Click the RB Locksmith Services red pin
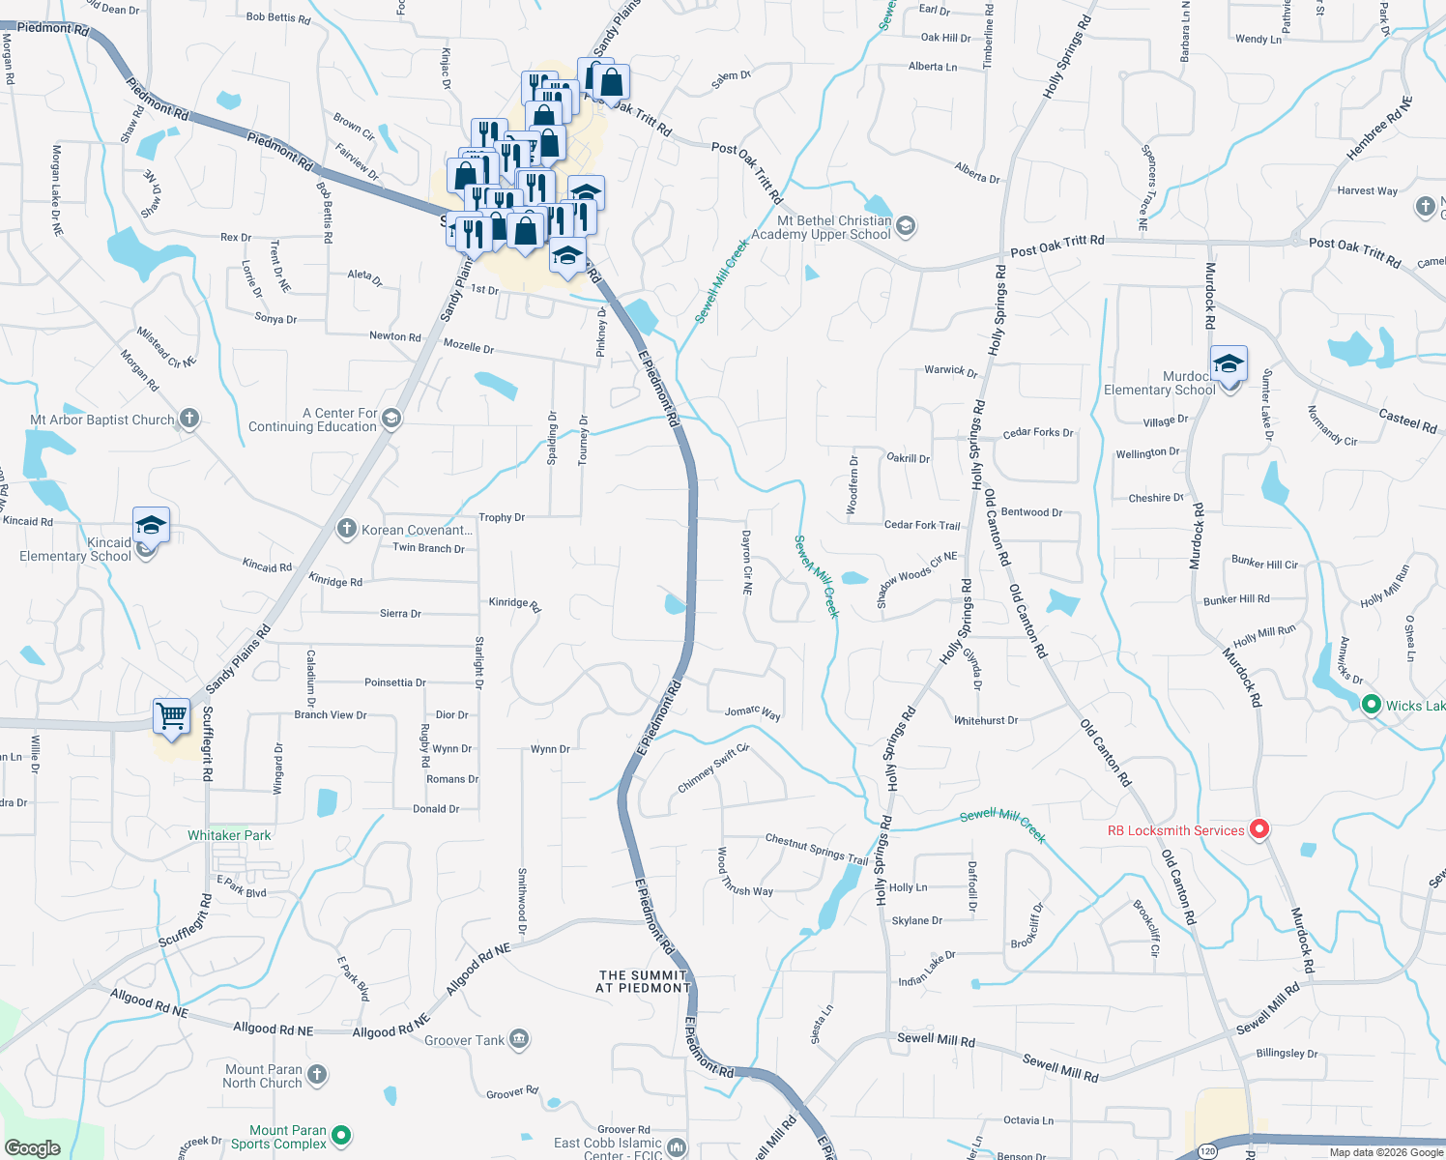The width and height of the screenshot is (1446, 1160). point(1258,829)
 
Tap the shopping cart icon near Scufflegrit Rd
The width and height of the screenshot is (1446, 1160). point(171,717)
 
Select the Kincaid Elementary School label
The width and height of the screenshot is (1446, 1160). point(75,549)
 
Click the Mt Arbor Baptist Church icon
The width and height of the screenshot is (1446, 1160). point(189,419)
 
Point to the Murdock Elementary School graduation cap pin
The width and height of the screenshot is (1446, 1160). point(1228,365)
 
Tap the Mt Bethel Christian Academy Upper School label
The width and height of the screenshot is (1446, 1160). point(821,227)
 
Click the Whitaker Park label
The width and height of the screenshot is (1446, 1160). point(229,835)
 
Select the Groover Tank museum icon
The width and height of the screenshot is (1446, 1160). point(518,1039)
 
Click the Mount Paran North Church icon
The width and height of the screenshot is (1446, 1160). point(317,1074)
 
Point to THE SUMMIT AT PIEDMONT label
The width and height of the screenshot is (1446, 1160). point(643,981)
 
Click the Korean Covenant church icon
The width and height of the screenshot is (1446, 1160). point(346,529)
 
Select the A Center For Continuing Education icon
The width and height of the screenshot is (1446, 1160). point(391,419)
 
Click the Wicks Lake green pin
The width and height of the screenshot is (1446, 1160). point(1371,705)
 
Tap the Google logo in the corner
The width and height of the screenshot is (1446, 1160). point(32,1147)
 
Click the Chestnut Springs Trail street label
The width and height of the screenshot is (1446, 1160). point(817,849)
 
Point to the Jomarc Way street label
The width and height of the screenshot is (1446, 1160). point(752,712)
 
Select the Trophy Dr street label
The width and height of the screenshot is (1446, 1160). point(502,517)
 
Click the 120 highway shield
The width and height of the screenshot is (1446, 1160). point(1208,1150)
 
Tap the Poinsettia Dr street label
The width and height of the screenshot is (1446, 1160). point(394,682)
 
